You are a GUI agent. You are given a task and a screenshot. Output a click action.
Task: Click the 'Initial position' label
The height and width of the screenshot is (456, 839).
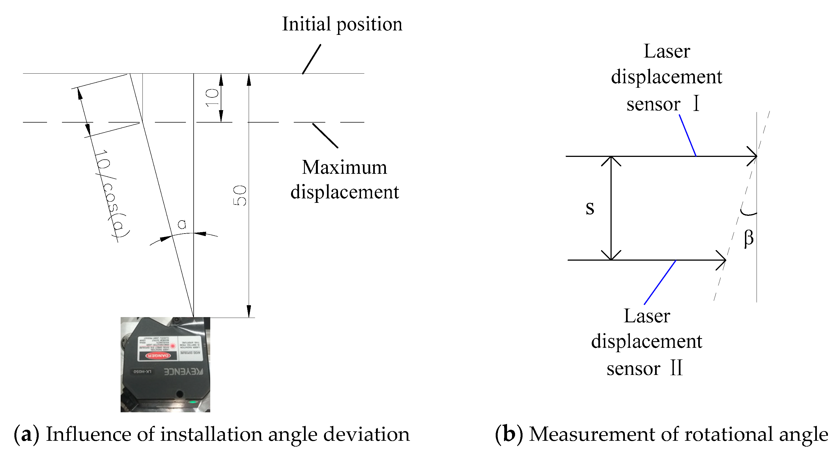pos(342,25)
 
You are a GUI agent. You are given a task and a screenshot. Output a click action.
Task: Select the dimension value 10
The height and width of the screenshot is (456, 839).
pos(213,97)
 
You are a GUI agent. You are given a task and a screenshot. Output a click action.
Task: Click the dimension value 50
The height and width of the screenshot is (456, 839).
pos(240,195)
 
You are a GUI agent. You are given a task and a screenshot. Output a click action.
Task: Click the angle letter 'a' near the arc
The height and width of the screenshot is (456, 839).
pos(182,224)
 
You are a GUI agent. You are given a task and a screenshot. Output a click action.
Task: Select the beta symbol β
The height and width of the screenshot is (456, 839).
pos(749,238)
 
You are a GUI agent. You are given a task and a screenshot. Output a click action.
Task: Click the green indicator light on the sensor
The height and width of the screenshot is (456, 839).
pos(193,402)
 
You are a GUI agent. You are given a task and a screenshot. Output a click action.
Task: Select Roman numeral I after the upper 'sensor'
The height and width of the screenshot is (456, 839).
pos(696,104)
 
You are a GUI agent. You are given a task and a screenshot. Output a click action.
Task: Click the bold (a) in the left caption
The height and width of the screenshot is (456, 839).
pos(26,434)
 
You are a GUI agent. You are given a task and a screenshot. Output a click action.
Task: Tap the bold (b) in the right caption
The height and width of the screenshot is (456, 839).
pos(508,434)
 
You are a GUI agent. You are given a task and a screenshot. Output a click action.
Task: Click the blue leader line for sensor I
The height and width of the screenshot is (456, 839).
pos(688,135)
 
